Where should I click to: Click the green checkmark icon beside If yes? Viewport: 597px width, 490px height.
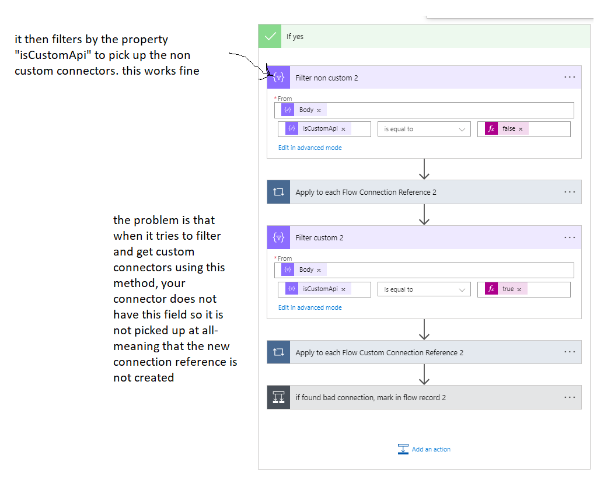(270, 36)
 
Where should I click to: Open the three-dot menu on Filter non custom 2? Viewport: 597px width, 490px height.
(570, 78)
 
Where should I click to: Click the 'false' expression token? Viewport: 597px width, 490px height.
(509, 129)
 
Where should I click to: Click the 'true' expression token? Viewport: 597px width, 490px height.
(508, 289)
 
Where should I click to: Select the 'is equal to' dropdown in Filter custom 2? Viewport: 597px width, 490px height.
(424, 289)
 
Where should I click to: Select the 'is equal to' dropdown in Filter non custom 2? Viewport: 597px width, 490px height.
(424, 129)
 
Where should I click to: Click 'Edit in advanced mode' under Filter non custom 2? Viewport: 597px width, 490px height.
(310, 148)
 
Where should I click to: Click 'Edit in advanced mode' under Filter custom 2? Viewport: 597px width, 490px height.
(310, 307)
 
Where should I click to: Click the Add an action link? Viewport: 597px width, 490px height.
(431, 449)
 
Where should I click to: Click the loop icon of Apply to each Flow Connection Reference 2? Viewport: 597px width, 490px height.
(278, 192)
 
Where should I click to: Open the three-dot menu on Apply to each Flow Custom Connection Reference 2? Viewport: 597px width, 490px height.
(570, 352)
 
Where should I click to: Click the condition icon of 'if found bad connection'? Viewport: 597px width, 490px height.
(278, 397)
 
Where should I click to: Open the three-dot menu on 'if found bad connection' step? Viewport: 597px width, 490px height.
(570, 397)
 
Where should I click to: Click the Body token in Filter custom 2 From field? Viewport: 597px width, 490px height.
(306, 269)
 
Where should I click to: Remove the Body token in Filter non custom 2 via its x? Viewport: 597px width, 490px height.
(319, 110)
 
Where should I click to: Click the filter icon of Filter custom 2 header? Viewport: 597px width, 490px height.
(278, 237)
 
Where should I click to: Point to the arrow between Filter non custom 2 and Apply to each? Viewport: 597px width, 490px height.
(424, 169)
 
